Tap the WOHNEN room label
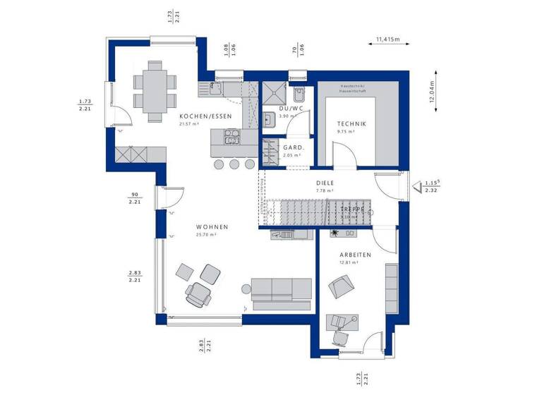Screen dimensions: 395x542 pyautogui.click(x=212, y=226)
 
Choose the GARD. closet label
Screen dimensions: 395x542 pyautogui.click(x=293, y=147)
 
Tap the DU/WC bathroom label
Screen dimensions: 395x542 pyautogui.click(x=290, y=108)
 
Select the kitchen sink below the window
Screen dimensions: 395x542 pyautogui.click(x=212, y=89)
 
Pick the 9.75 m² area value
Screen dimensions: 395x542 pyautogui.click(x=346, y=131)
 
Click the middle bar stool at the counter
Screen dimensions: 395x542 pyautogui.click(x=234, y=164)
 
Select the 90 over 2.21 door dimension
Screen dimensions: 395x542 pyautogui.click(x=134, y=197)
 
